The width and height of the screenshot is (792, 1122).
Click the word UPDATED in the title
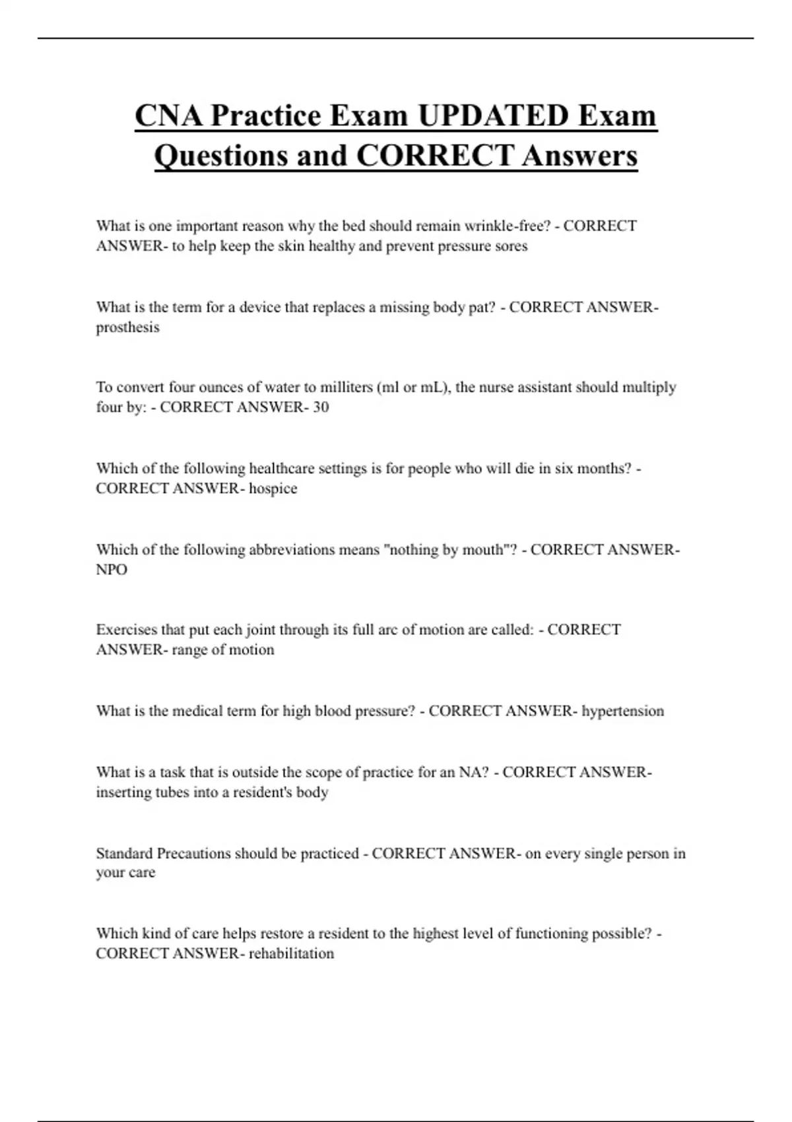coord(493,116)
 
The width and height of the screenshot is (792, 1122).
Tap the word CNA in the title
coord(168,116)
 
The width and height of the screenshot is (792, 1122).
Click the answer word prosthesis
coord(127,327)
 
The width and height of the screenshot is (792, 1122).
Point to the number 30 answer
coord(321,407)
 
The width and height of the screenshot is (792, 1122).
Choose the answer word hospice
coord(273,489)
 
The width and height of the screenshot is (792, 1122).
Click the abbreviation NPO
coord(112,570)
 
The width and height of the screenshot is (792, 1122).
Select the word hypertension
coord(622,711)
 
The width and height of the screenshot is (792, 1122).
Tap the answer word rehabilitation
coord(291,954)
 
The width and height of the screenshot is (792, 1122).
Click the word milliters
coord(346,387)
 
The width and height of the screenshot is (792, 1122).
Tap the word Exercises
coord(127,630)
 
